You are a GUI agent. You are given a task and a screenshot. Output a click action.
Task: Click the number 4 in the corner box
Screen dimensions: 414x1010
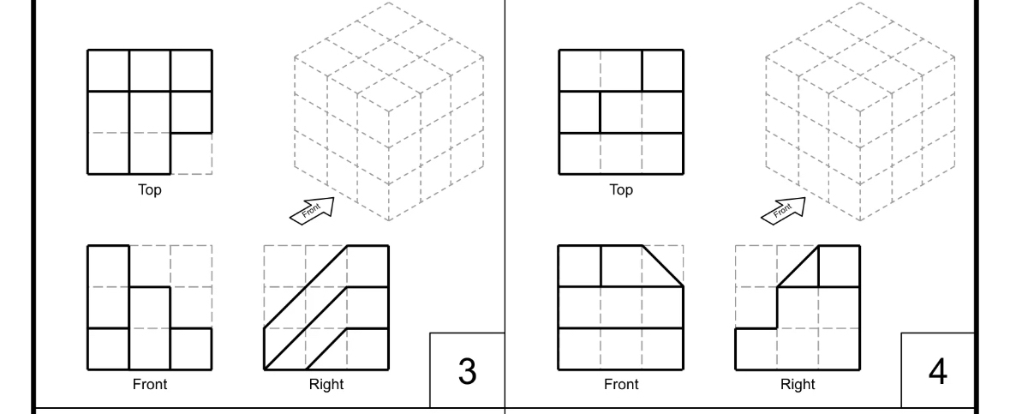click(x=938, y=371)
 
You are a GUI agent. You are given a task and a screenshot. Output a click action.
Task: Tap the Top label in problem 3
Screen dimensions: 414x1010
click(x=150, y=190)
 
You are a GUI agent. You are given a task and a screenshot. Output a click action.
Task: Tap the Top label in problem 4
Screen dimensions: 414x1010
click(x=621, y=190)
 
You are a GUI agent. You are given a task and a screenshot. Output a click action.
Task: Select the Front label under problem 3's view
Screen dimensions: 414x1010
click(x=150, y=385)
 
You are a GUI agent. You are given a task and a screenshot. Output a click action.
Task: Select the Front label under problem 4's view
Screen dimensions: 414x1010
click(x=621, y=385)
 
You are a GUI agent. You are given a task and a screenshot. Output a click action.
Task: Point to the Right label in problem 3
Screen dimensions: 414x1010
click(x=326, y=385)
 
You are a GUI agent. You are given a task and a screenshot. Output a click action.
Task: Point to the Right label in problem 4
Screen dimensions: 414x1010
click(x=798, y=385)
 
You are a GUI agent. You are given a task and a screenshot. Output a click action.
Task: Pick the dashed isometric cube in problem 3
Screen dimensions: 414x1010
click(x=389, y=111)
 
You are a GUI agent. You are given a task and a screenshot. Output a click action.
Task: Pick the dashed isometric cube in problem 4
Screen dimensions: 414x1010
click(x=860, y=111)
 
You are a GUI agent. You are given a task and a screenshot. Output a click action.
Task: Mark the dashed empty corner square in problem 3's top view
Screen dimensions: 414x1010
click(x=192, y=153)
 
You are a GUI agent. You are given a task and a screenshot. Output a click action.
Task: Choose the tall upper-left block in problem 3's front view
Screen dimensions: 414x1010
click(x=109, y=286)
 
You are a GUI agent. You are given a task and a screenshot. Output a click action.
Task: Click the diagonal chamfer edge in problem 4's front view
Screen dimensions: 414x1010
click(x=663, y=266)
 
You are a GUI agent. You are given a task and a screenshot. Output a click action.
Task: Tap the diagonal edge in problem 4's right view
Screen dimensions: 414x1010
click(x=798, y=267)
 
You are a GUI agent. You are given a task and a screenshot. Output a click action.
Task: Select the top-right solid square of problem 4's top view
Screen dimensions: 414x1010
click(x=663, y=70)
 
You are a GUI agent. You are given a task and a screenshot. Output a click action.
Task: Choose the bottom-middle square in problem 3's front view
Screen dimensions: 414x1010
click(x=150, y=349)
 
